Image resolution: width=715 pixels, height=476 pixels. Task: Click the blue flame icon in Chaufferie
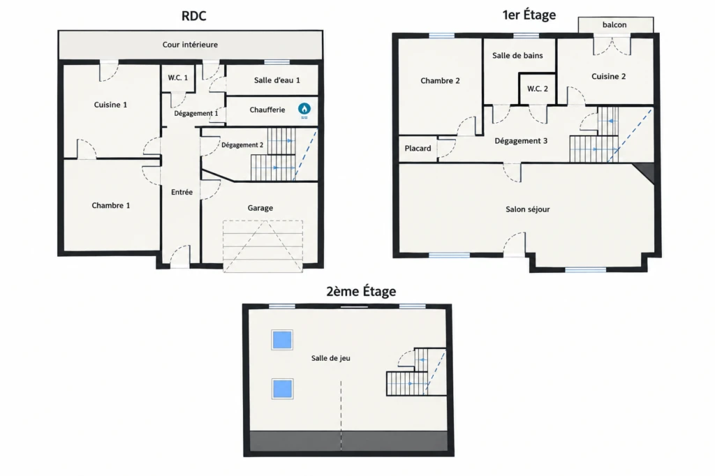pyautogui.click(x=304, y=108)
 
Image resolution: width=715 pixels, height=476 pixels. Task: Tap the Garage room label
pyautogui.click(x=260, y=208)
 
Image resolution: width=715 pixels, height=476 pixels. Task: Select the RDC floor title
pyautogui.click(x=194, y=16)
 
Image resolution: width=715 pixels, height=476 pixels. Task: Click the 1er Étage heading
pyautogui.click(x=529, y=15)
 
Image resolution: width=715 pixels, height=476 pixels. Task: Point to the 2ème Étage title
pyautogui.click(x=361, y=291)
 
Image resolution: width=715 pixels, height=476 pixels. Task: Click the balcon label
pyautogui.click(x=614, y=24)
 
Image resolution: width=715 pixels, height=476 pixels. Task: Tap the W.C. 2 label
pyautogui.click(x=538, y=89)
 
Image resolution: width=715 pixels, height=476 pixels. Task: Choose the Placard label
pyautogui.click(x=418, y=148)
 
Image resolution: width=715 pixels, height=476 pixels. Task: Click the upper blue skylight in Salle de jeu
pyautogui.click(x=282, y=340)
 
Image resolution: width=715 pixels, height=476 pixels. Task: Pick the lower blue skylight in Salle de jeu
pyautogui.click(x=282, y=389)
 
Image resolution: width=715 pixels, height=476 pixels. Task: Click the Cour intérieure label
pyautogui.click(x=190, y=45)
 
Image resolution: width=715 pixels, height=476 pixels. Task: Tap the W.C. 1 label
pyautogui.click(x=178, y=77)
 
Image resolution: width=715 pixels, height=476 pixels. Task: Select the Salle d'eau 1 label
pyautogui.click(x=277, y=80)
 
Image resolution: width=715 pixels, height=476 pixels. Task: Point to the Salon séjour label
pyautogui.click(x=528, y=209)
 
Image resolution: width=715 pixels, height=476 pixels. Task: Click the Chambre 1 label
pyautogui.click(x=111, y=206)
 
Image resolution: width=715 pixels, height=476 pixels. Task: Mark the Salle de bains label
pyautogui.click(x=517, y=56)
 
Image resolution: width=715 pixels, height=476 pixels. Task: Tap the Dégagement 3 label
pyautogui.click(x=521, y=141)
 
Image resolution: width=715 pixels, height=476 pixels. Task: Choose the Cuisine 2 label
pyautogui.click(x=608, y=76)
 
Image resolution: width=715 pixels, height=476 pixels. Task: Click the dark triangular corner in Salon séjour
pyautogui.click(x=647, y=170)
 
